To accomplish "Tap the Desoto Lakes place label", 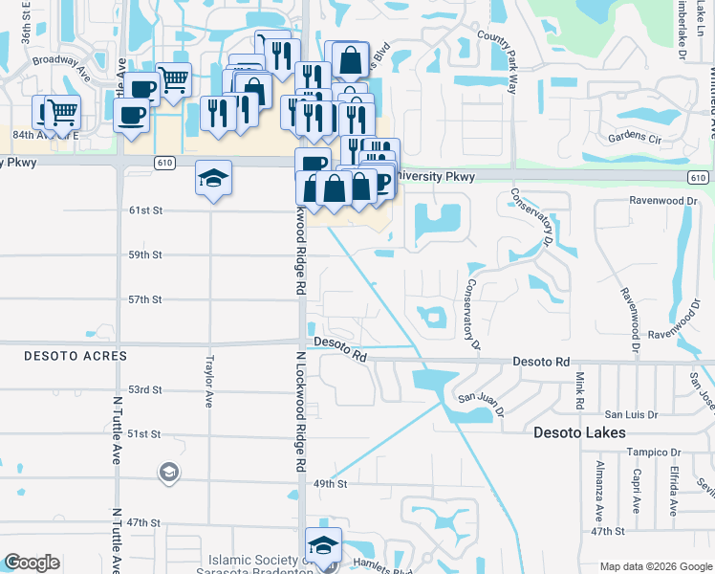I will [579, 432].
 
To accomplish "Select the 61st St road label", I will [146, 210].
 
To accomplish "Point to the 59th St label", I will [146, 254].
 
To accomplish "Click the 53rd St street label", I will [145, 389].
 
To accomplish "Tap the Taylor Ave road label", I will [208, 382].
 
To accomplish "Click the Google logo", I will [32, 563].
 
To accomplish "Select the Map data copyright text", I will [656, 566].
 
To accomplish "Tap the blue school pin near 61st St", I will [213, 178].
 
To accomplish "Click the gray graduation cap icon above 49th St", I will [168, 473].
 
